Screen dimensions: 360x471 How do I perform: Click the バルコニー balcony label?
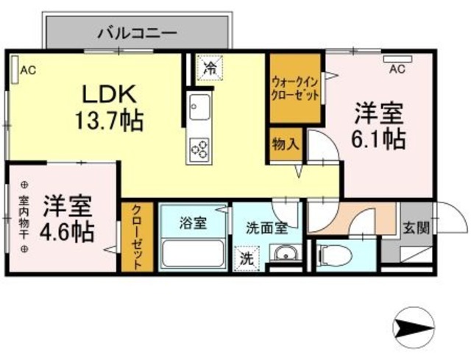(x=138, y=32)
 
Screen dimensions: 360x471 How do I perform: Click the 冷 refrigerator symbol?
(x=210, y=68)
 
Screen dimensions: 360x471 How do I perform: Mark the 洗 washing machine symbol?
(x=245, y=258)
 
